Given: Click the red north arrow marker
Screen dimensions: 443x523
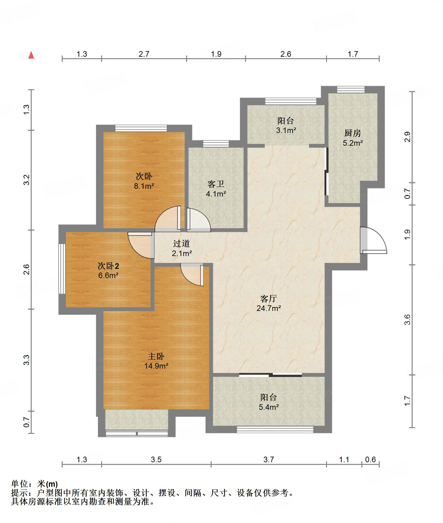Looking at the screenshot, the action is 31,55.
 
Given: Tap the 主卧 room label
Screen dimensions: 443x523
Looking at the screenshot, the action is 156,357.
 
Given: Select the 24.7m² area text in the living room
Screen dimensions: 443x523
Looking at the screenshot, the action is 269,308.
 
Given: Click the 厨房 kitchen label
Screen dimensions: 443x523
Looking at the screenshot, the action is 353,133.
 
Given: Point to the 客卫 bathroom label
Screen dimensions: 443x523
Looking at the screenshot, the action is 216,184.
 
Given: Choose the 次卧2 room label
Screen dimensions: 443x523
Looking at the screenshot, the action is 109,266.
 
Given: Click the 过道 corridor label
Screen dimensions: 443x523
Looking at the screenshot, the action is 181,244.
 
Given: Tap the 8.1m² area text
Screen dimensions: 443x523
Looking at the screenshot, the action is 144,186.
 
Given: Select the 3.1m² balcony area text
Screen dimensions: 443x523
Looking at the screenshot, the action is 286,131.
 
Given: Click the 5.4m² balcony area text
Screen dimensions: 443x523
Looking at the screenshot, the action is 269,407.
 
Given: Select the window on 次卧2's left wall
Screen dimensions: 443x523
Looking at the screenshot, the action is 62,269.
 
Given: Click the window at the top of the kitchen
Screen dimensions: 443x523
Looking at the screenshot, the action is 351,89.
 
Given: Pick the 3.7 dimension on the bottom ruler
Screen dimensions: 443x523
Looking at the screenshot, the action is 269,459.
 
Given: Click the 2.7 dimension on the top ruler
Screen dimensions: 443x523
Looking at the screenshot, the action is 144,54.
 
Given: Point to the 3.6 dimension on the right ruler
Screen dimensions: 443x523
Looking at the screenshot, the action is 407,320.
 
